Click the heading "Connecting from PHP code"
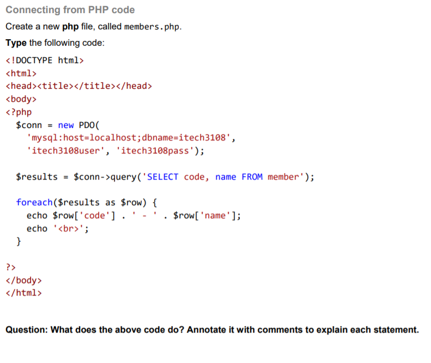pos(70,10)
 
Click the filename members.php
pos(153,27)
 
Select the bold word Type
pos(16,43)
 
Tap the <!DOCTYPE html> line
pos(45,60)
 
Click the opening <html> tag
pos(21,73)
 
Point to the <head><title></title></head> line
pos(78,86)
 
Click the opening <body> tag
pos(21,99)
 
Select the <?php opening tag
pos(19,112)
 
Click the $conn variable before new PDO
pos(29,125)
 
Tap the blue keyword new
pos(65,125)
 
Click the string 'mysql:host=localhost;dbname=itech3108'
pos(131,138)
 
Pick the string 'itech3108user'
pos(65,151)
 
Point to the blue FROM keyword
pos(252,177)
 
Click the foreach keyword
pos(34,202)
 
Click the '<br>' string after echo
pos(70,229)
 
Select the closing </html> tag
pos(23,293)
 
